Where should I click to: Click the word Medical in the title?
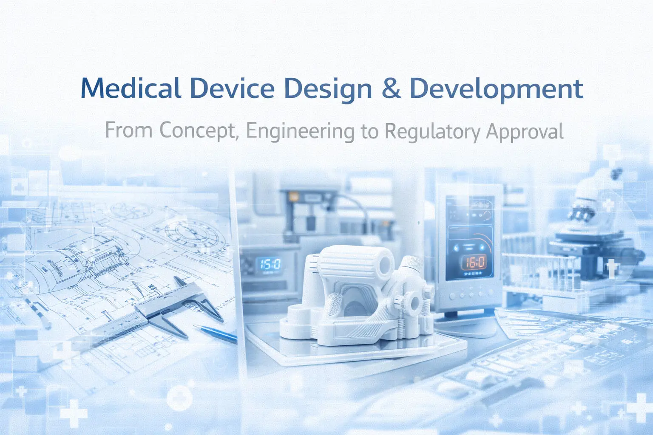131,88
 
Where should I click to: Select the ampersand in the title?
391,88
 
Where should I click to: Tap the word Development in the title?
496,89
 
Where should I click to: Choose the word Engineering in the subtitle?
300,131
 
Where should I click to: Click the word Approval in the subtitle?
525,131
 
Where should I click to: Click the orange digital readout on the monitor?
474,262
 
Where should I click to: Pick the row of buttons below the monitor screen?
470,294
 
